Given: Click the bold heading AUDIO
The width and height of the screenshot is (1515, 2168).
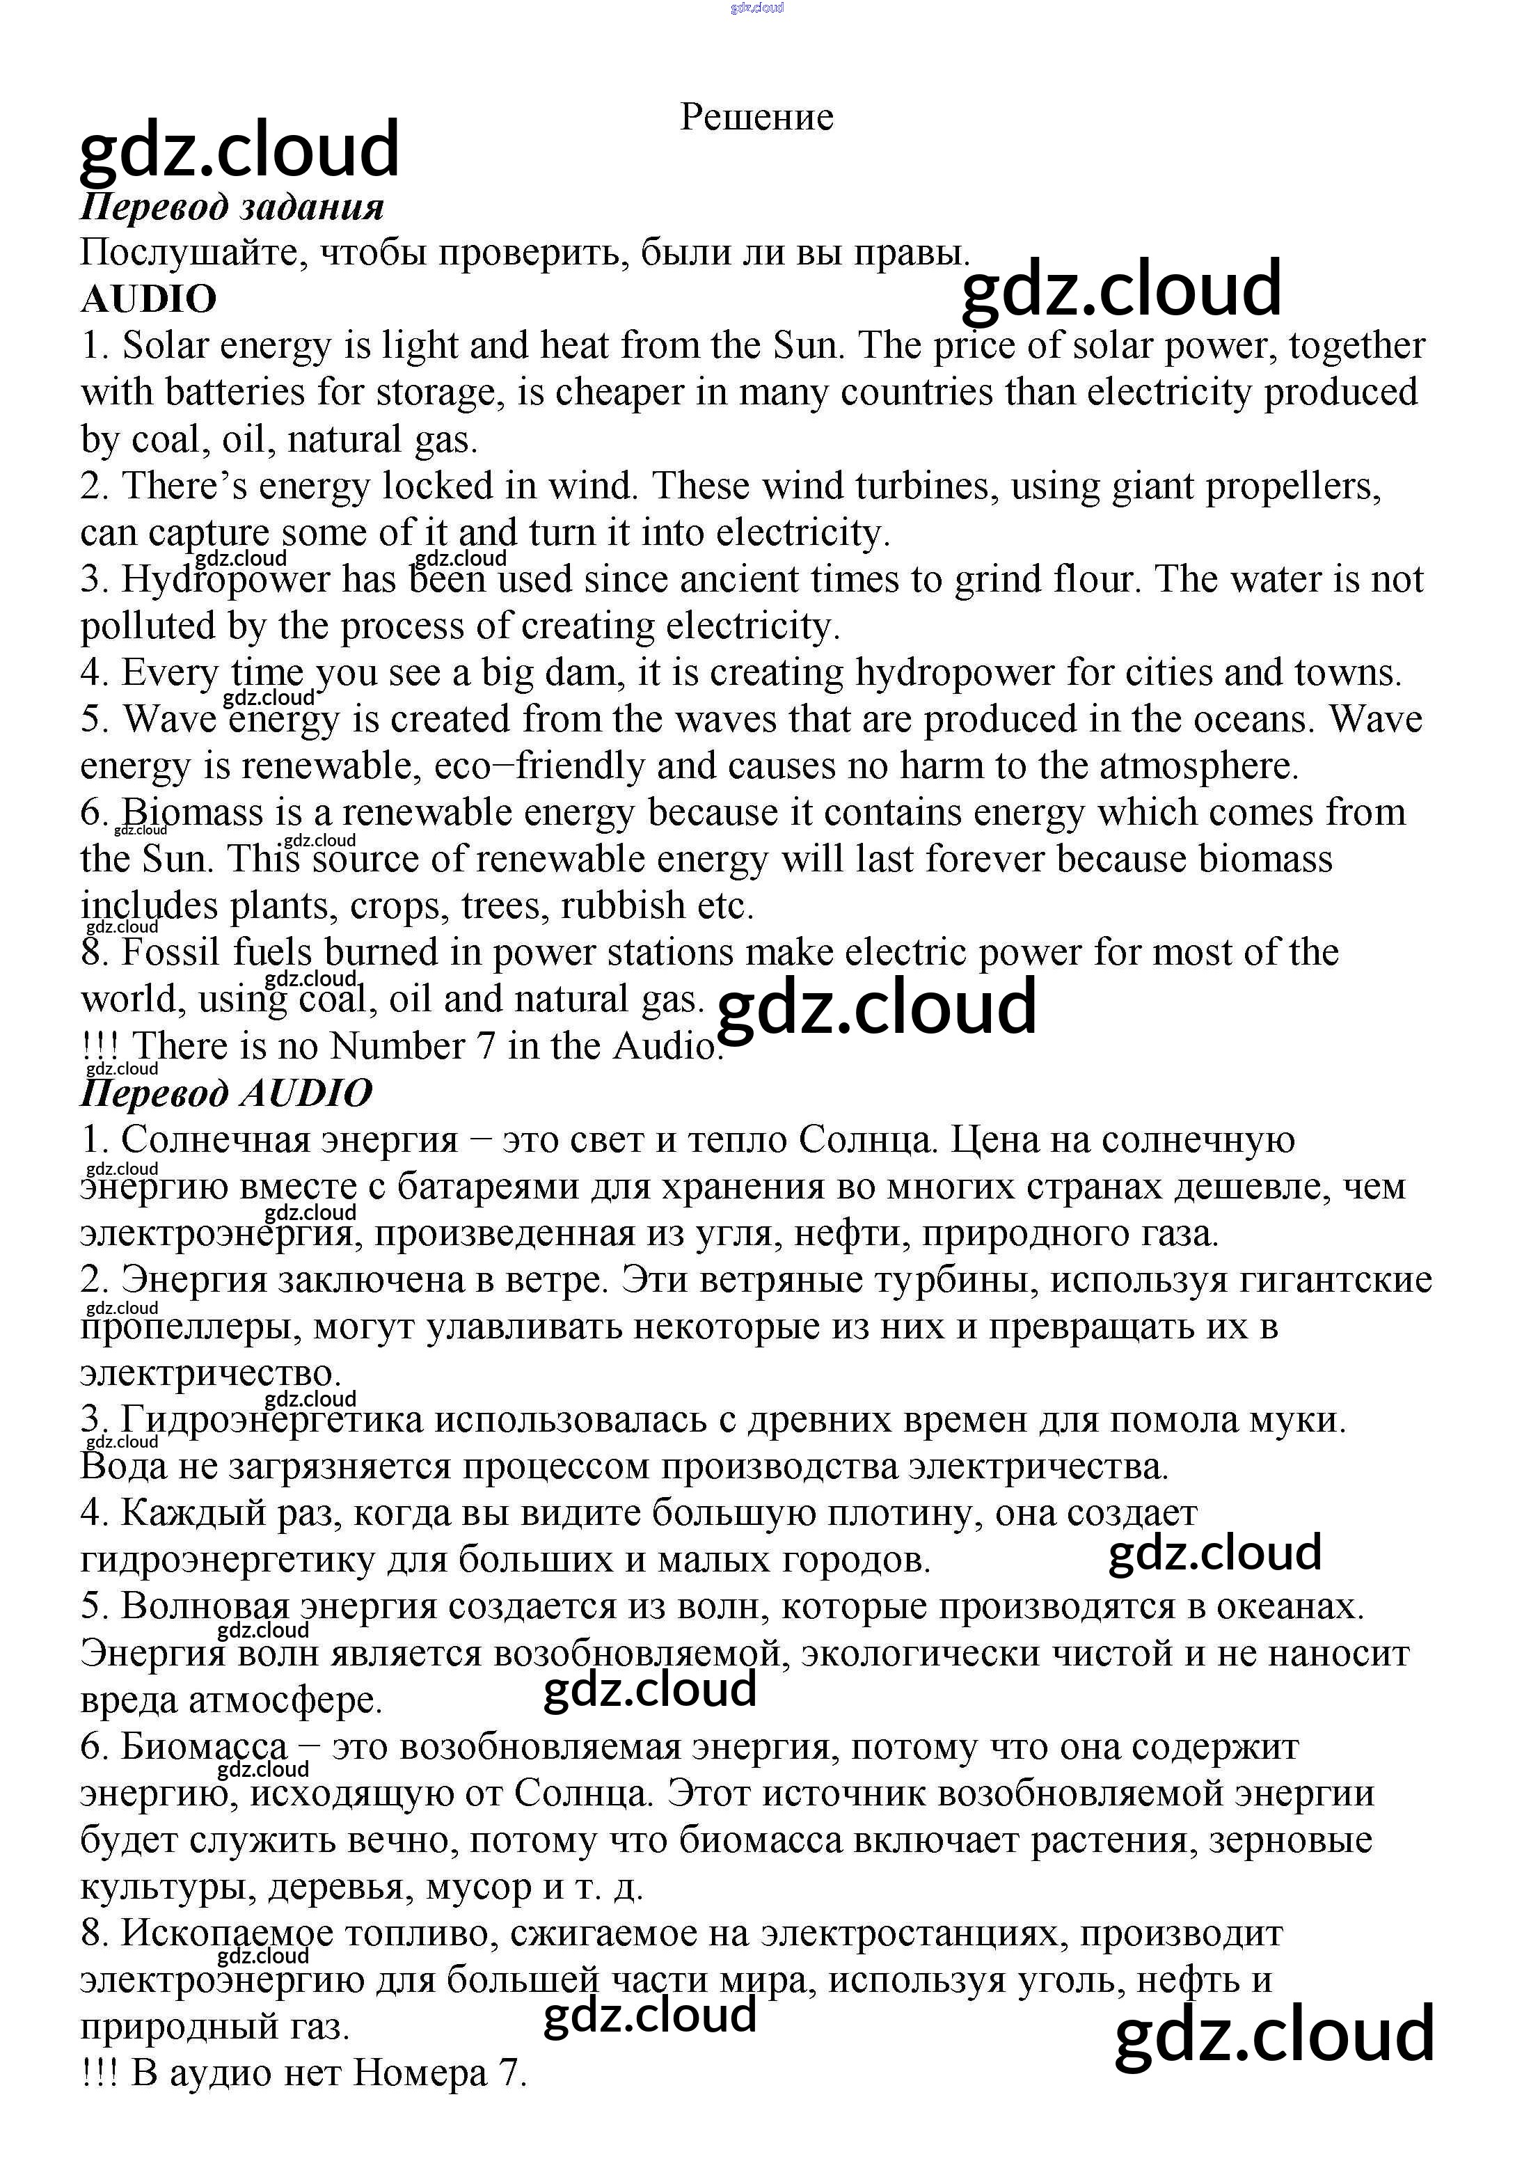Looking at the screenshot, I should click(148, 299).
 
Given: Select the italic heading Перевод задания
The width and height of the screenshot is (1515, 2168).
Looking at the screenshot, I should click(232, 207).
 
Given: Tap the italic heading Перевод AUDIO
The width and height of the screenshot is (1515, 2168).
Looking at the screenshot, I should click(227, 1093).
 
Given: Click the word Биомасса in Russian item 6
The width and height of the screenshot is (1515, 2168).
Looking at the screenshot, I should click(204, 1748).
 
